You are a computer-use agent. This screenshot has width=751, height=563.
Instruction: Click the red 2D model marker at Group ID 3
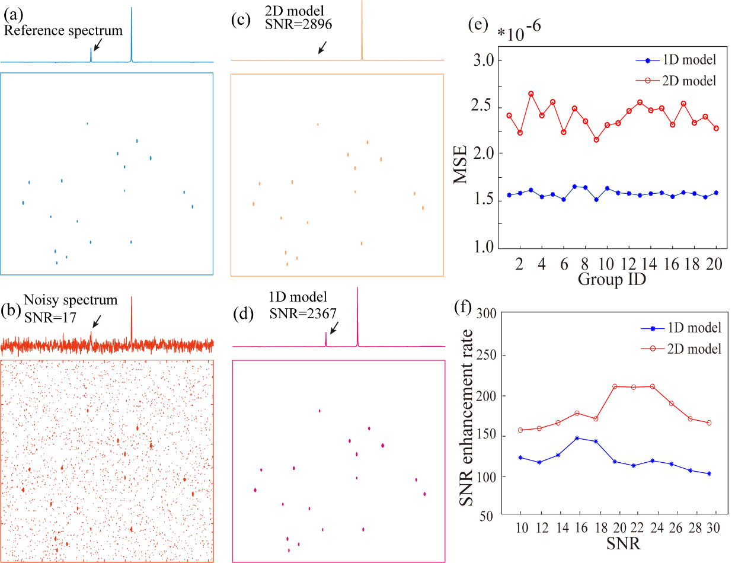(x=531, y=94)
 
